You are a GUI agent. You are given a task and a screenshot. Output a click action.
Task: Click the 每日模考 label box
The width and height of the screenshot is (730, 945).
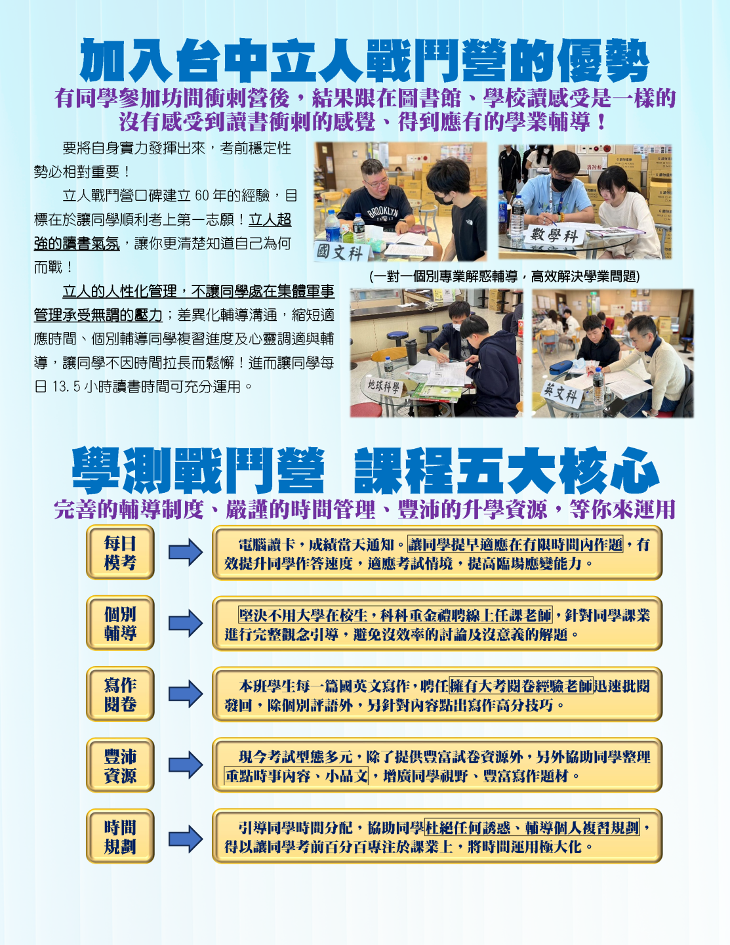tap(120, 553)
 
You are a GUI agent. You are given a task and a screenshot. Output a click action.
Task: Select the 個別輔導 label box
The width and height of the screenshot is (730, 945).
tap(120, 623)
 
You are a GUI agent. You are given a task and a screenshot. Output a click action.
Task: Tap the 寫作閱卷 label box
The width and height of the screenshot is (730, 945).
tap(120, 694)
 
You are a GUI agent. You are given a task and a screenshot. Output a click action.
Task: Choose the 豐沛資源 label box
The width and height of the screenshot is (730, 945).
tap(120, 765)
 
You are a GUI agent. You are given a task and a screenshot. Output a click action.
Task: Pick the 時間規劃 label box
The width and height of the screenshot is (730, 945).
tap(120, 836)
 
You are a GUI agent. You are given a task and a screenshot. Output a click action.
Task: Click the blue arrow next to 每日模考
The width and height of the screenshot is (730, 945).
tap(186, 553)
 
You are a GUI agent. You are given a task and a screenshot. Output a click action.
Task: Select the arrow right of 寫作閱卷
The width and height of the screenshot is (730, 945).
tap(186, 694)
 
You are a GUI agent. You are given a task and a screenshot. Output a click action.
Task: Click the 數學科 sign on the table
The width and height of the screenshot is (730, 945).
tap(554, 236)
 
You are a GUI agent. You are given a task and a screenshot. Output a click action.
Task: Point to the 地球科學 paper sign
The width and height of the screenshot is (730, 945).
tap(384, 385)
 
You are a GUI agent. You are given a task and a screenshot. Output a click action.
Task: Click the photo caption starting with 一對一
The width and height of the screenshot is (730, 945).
tap(504, 276)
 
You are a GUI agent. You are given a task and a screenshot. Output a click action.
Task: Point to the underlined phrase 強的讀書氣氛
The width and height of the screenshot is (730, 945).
tap(77, 243)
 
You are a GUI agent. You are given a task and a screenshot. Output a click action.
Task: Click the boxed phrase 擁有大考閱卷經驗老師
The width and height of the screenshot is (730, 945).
tap(521, 686)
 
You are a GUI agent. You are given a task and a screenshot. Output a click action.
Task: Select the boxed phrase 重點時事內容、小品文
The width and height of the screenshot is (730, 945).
tap(296, 776)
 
